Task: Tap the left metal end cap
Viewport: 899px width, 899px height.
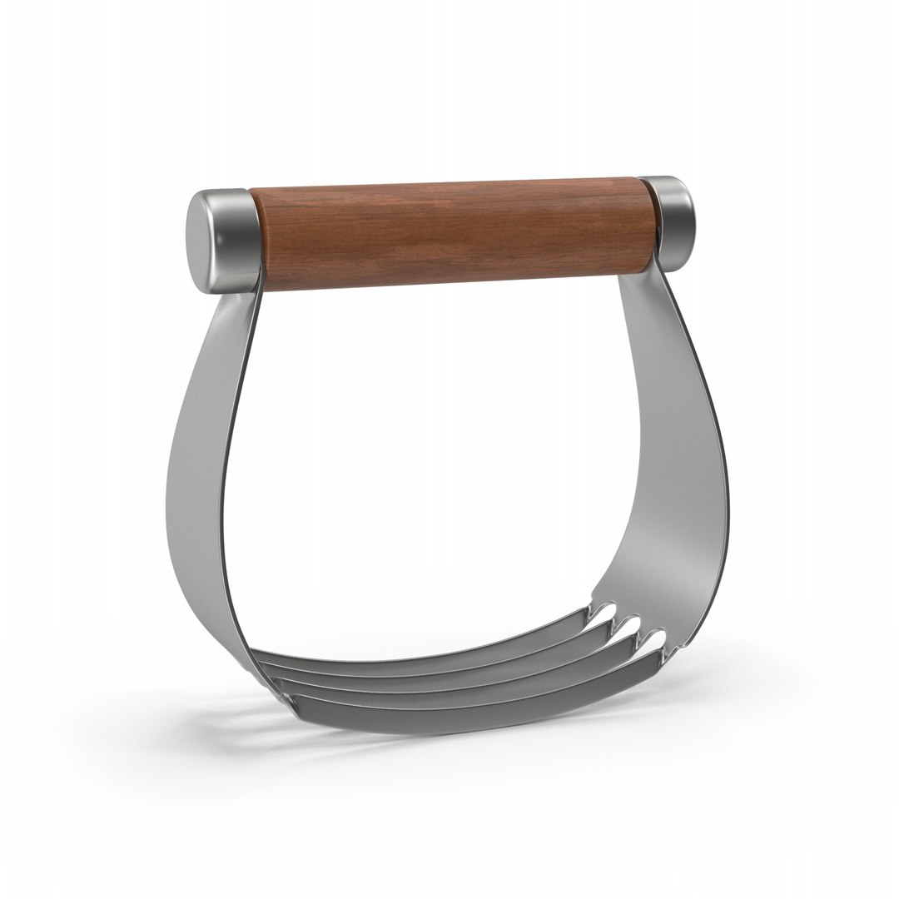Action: [x=225, y=241]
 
